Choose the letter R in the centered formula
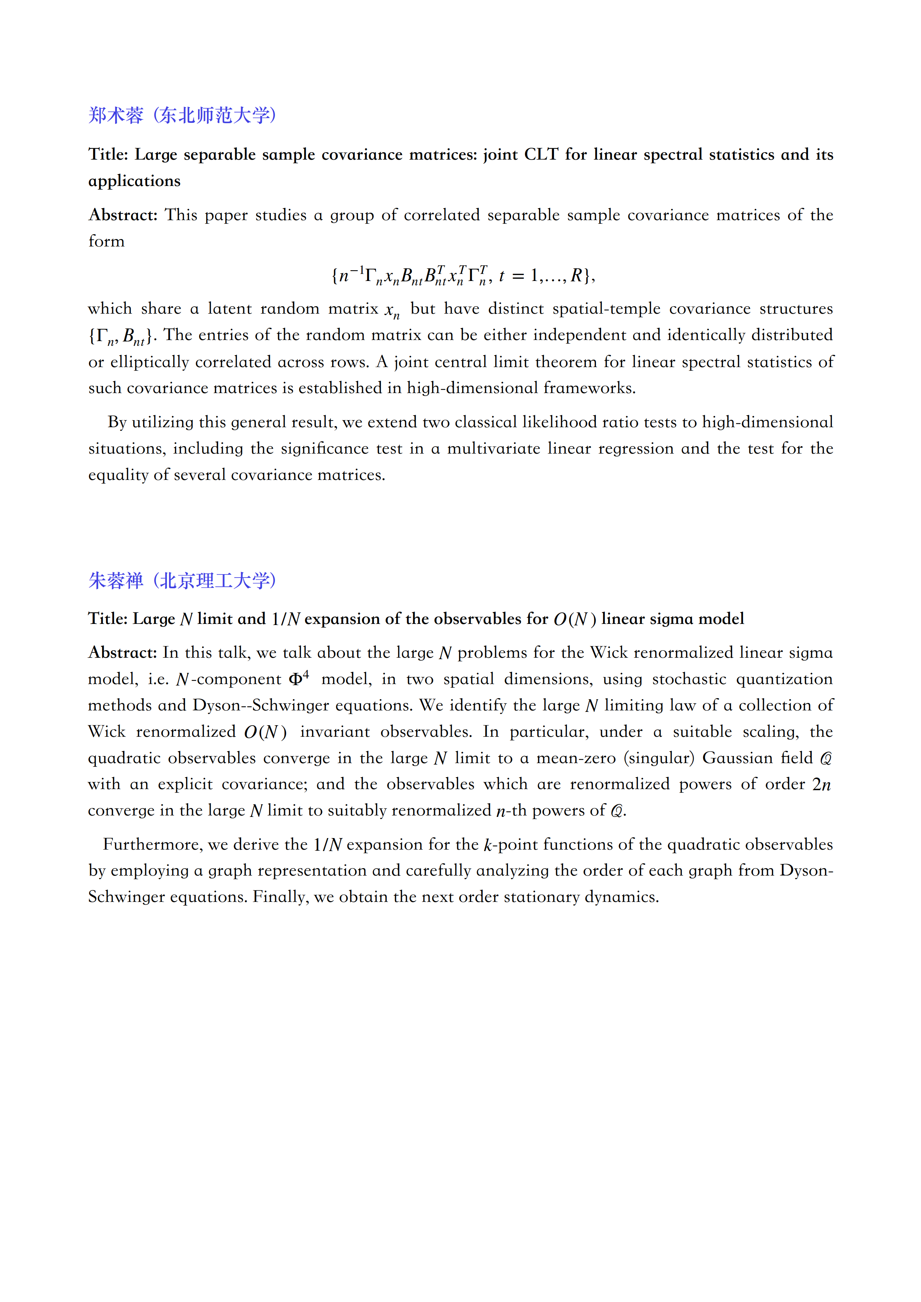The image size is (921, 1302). click(x=577, y=276)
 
